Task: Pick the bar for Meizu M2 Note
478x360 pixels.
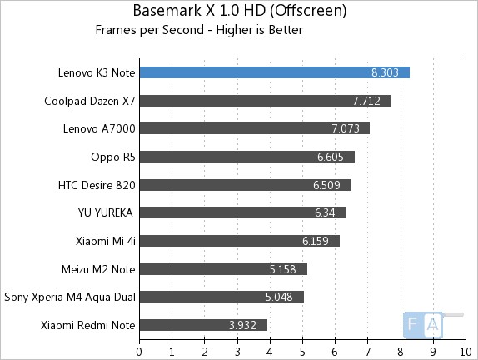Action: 222,269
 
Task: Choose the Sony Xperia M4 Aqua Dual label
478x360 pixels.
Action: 70,297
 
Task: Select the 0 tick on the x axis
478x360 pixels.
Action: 139,350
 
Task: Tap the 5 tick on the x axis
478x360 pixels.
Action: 302,350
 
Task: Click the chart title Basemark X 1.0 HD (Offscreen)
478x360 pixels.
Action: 240,12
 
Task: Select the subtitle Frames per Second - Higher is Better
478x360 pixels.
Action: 199,31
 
